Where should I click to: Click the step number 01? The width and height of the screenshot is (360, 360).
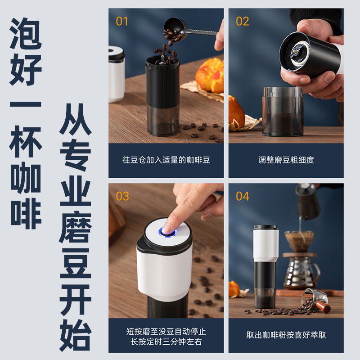[122, 21]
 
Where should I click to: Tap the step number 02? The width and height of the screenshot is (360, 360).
[242, 21]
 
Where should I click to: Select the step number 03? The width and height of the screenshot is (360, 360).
[122, 196]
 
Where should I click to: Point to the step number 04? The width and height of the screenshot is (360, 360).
[243, 196]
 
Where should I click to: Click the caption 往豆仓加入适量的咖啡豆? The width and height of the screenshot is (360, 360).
[166, 160]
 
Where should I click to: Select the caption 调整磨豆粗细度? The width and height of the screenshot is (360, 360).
[286, 160]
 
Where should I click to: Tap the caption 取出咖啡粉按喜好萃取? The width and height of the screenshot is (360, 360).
[286, 335]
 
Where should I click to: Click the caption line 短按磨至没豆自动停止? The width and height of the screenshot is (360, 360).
[166, 331]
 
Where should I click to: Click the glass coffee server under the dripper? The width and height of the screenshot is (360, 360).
[301, 272]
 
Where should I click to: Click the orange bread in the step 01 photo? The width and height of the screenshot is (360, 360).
[210, 75]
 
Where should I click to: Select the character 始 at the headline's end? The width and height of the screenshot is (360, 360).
[76, 335]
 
